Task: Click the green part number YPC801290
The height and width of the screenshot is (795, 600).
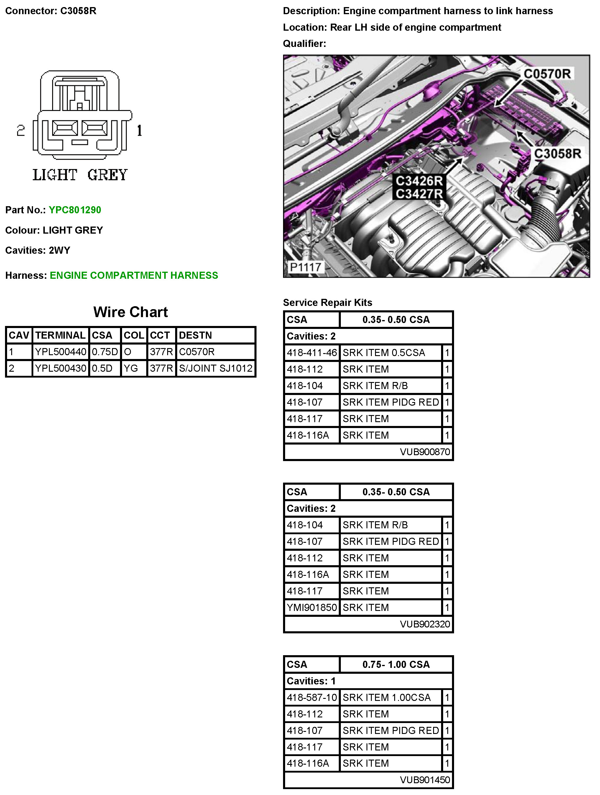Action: pos(75,210)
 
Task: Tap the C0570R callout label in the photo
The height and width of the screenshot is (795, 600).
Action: pos(547,74)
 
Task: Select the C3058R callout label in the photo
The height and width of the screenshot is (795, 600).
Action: pos(557,154)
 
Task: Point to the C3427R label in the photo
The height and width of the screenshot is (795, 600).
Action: pos(419,194)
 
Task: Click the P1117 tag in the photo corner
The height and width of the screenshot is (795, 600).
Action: pos(305,267)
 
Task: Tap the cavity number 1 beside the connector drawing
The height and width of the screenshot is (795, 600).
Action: pos(139,130)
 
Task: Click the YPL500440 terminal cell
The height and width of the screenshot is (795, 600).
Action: pos(60,352)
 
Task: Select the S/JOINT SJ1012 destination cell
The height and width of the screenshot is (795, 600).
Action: pos(216,368)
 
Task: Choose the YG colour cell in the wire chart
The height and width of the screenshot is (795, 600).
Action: pos(131,368)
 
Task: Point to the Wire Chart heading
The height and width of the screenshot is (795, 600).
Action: pos(130,312)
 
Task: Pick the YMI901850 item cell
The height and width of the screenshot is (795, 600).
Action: pos(311,608)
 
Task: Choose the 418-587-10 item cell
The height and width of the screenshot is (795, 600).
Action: pos(311,698)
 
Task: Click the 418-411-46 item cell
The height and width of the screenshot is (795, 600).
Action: pos(311,353)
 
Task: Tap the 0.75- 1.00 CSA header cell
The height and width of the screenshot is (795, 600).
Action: pos(396,665)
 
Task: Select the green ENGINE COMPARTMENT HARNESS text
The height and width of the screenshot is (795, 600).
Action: pos(134,275)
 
